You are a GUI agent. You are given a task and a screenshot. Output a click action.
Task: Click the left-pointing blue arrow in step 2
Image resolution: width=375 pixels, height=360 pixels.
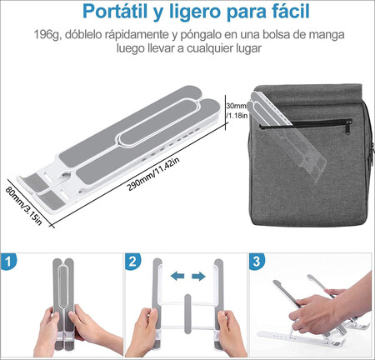(176, 276)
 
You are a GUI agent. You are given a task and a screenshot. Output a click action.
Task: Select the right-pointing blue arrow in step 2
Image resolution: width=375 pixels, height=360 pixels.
(198, 276)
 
